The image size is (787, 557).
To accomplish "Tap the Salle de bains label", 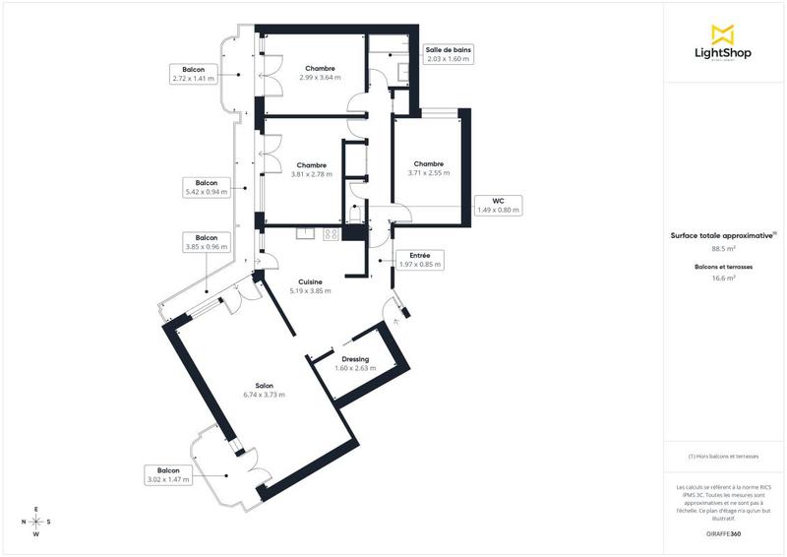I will coord(449,54).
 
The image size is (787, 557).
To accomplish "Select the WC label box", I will coord(498,205).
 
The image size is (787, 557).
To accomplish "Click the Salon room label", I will coord(264,390).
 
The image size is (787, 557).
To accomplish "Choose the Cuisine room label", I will coord(310,286).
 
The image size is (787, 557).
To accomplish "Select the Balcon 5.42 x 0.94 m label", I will coord(207,188).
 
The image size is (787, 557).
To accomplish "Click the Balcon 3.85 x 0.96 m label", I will coord(207,242).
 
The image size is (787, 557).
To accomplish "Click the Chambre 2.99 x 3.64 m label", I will coord(320,73).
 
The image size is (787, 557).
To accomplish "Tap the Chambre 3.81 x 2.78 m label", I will coord(312,169).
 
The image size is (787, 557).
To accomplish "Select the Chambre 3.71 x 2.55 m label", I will coord(428,168).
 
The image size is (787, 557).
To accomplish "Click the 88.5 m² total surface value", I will coord(723,250).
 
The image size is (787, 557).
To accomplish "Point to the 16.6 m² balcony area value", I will coord(723,278).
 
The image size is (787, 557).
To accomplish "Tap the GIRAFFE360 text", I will coord(723,532).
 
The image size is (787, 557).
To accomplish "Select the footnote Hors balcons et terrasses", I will coord(723,457).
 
